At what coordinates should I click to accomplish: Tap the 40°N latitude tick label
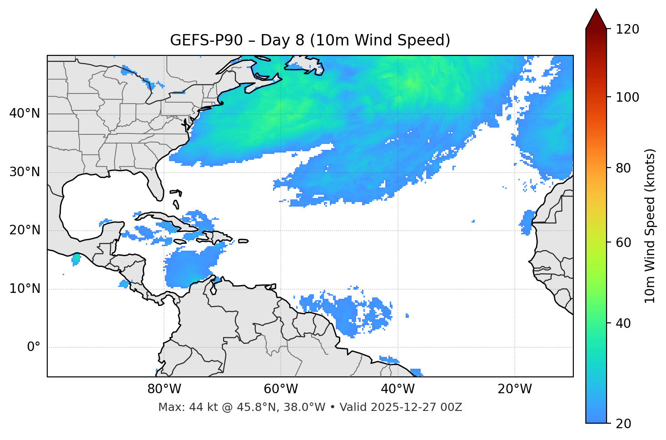[x=25, y=114]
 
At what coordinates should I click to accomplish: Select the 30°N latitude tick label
[x=25, y=172]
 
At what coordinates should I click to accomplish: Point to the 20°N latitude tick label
[x=25, y=230]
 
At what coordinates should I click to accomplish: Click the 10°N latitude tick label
[x=25, y=289]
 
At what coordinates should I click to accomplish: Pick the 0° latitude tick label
[x=34, y=347]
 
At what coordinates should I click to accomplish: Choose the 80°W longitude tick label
[x=164, y=389]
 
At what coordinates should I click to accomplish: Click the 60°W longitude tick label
[x=281, y=389]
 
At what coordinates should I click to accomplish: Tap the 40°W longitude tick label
[x=398, y=389]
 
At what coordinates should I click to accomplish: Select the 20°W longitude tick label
[x=514, y=389]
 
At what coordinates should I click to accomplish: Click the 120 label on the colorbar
[x=627, y=30]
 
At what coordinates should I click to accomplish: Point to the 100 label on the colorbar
[x=627, y=97]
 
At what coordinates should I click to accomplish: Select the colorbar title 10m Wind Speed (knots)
[x=650, y=226]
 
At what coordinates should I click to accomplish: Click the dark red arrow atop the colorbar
[x=596, y=19]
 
